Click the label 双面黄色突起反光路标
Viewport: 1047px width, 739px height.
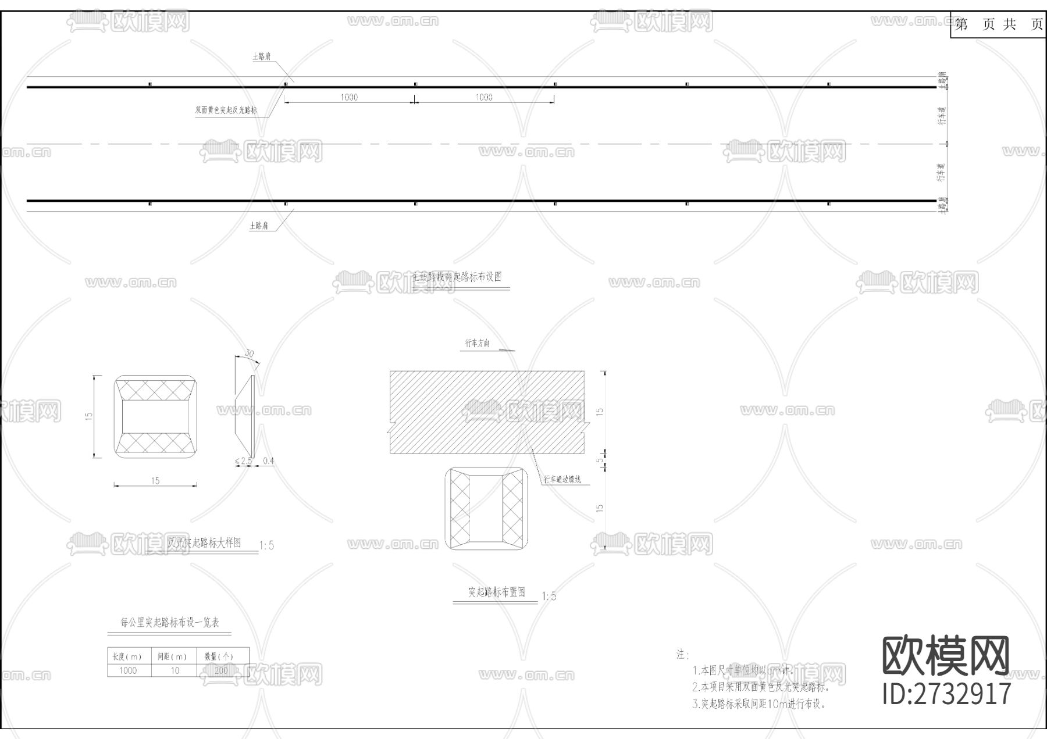(x=226, y=110)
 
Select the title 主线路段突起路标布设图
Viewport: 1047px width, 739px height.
(x=457, y=277)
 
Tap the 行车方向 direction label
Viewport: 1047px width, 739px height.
(x=477, y=344)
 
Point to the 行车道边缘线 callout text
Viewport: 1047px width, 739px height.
(x=562, y=480)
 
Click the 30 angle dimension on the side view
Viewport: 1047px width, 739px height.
(x=250, y=354)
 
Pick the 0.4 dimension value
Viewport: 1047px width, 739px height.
(x=268, y=461)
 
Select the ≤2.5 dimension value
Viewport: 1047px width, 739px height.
(x=243, y=461)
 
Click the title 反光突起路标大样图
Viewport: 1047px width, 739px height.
(x=204, y=543)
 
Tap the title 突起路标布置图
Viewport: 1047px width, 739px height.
(x=497, y=592)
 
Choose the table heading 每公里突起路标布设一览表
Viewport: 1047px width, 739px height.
(x=170, y=622)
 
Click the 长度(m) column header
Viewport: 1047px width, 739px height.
(x=129, y=656)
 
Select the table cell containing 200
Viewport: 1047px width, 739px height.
(x=222, y=670)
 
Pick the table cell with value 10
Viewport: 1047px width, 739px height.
(x=174, y=670)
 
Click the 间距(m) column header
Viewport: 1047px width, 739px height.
(x=173, y=656)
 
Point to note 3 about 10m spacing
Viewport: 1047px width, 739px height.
(x=759, y=704)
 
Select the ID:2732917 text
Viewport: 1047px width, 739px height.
(x=947, y=693)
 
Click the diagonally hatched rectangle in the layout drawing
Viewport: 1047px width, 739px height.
(x=487, y=412)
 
